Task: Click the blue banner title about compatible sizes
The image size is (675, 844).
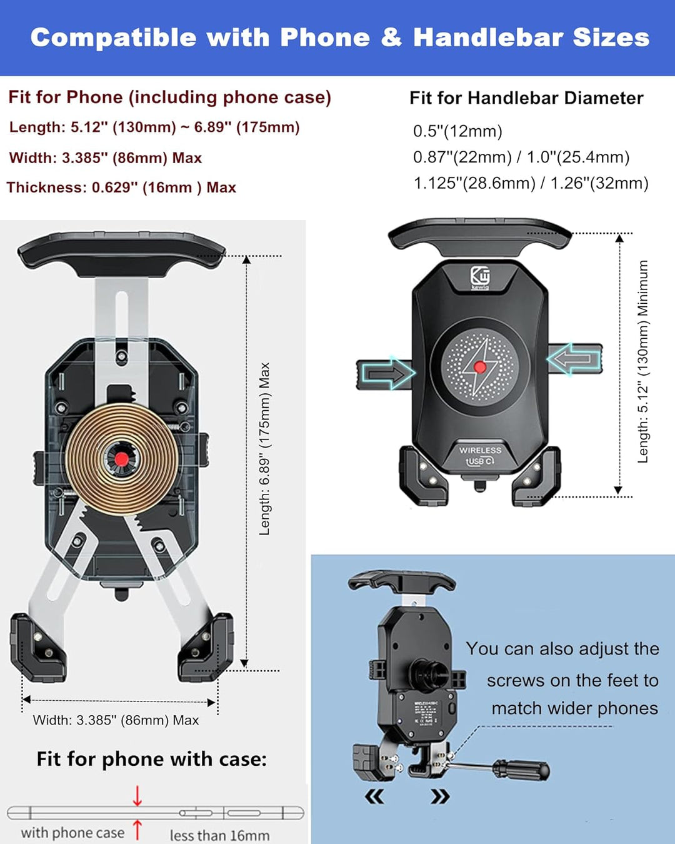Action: [x=339, y=38]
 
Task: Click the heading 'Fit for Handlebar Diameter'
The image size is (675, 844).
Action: [x=526, y=98]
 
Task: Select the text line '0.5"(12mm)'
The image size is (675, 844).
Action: [x=457, y=131]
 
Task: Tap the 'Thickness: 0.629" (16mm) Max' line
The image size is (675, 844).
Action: [x=121, y=188]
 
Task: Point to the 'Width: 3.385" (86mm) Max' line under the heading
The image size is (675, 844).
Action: [x=105, y=158]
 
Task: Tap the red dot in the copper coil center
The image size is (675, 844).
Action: [x=121, y=460]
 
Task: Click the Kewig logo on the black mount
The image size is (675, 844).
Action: [x=480, y=278]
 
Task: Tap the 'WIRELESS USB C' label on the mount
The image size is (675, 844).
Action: [x=480, y=456]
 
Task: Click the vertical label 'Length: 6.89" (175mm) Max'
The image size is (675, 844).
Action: [x=264, y=449]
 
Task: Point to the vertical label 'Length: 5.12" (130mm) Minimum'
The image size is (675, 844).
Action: [x=642, y=362]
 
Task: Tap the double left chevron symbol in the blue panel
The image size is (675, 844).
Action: [x=374, y=796]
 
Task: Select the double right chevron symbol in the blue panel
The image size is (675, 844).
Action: [x=440, y=796]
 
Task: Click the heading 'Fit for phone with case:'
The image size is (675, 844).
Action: [x=151, y=759]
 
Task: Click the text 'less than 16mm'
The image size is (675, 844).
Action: [x=219, y=835]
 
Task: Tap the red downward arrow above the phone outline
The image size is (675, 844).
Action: [x=137, y=795]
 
